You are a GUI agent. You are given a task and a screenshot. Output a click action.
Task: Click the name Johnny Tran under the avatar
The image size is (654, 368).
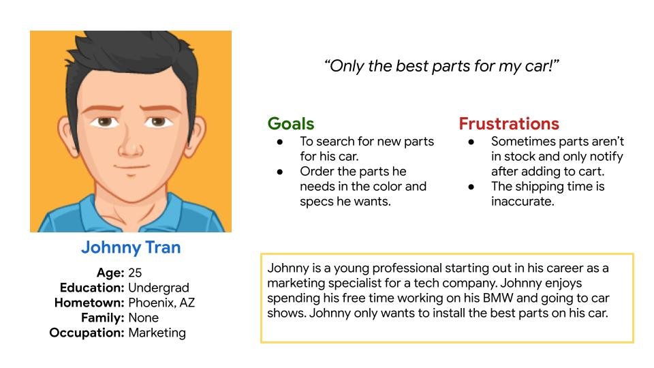(x=131, y=247)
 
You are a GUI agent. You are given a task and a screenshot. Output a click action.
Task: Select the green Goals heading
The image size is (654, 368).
(x=291, y=124)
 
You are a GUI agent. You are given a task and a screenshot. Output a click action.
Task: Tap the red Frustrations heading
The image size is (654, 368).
(x=509, y=124)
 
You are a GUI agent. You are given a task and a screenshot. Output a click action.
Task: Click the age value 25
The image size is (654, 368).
(x=135, y=273)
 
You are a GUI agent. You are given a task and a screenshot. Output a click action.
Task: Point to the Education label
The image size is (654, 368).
(x=92, y=288)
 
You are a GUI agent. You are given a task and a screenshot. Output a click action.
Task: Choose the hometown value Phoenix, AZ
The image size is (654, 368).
(x=161, y=303)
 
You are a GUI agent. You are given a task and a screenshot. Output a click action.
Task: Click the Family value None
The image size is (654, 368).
(x=144, y=318)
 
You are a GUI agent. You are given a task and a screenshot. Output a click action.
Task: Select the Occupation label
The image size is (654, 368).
(x=87, y=333)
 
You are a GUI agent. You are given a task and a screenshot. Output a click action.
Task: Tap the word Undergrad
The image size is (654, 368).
(x=159, y=288)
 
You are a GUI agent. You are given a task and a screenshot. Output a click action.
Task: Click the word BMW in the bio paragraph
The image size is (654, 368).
(x=497, y=298)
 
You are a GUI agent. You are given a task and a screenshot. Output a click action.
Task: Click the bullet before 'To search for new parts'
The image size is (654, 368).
(x=280, y=142)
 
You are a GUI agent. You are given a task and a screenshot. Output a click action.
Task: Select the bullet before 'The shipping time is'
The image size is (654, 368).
(x=471, y=187)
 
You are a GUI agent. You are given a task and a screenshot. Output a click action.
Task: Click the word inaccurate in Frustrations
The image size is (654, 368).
(x=523, y=202)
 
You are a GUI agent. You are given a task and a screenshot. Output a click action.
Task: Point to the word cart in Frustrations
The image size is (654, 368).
(x=592, y=172)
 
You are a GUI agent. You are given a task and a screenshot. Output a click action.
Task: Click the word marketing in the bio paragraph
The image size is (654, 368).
(x=296, y=283)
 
